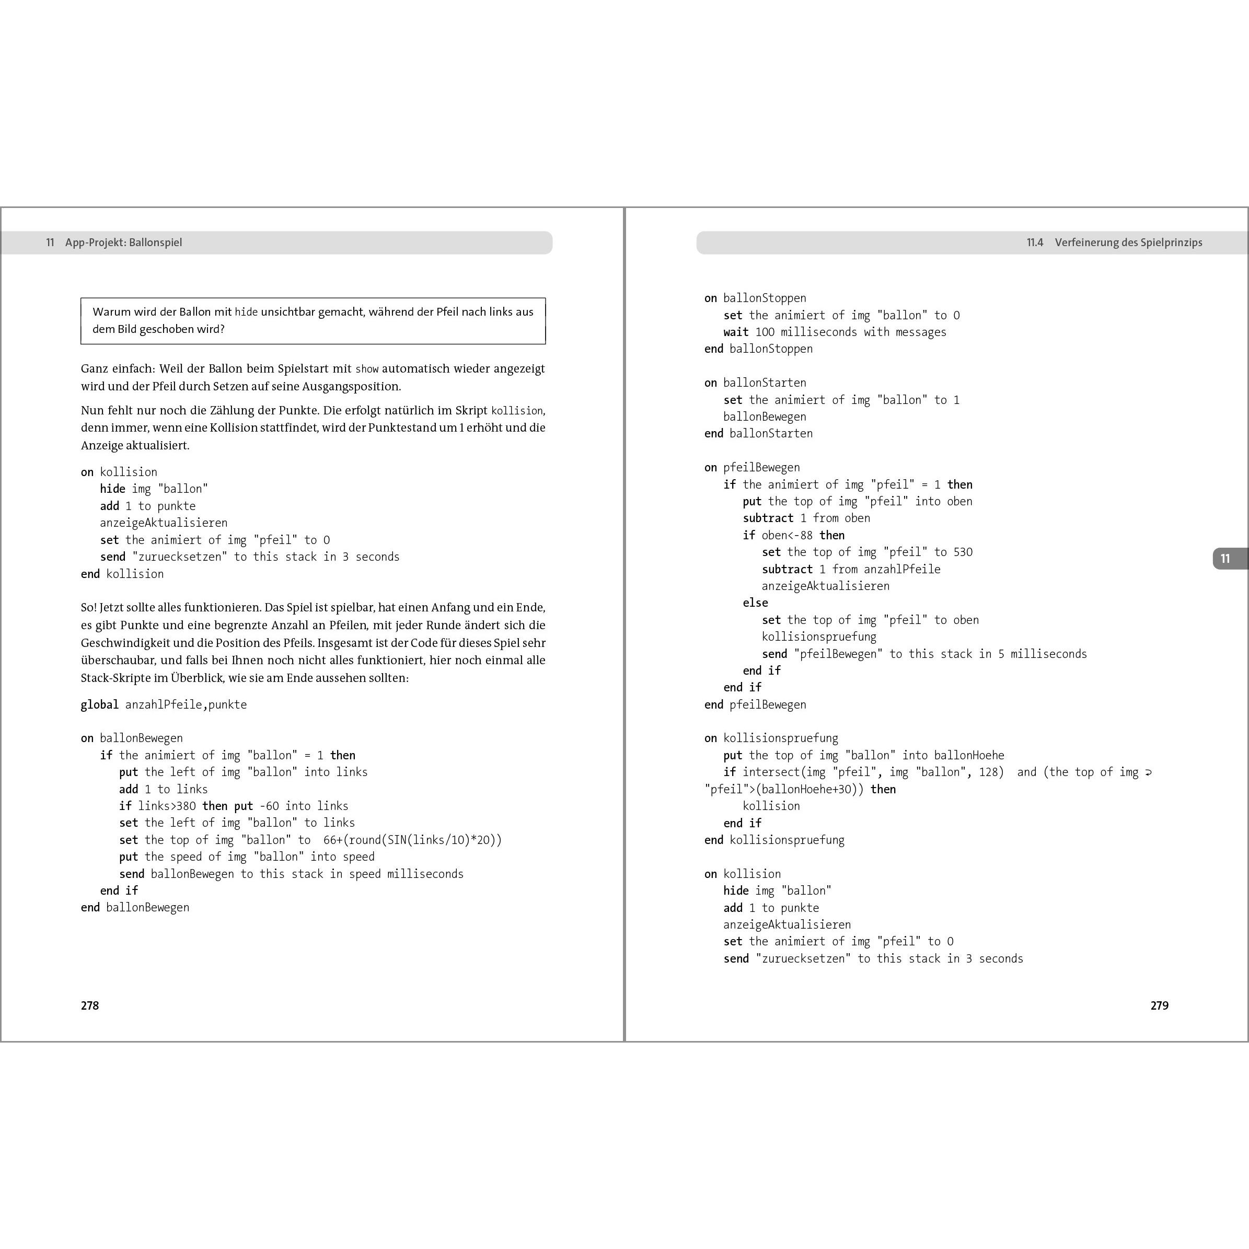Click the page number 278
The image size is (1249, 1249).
pyautogui.click(x=90, y=1005)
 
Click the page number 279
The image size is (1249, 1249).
pyautogui.click(x=1159, y=1005)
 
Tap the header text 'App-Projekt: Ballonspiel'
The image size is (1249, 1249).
pyautogui.click(x=123, y=242)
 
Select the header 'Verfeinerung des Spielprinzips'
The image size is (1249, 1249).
pyautogui.click(x=1128, y=242)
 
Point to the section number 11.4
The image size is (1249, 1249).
pyautogui.click(x=1035, y=242)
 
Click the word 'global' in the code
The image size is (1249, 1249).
pyautogui.click(x=100, y=704)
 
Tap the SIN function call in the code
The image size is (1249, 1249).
pyautogui.click(x=397, y=840)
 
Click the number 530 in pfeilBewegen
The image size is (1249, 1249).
pyautogui.click(x=963, y=552)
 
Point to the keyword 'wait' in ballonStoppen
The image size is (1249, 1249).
pyautogui.click(x=736, y=332)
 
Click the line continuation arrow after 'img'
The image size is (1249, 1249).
pyautogui.click(x=1148, y=772)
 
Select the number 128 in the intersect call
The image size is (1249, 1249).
pyautogui.click(x=990, y=772)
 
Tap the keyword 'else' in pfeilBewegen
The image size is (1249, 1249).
pyautogui.click(x=755, y=603)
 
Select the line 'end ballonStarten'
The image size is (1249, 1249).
pyautogui.click(x=758, y=434)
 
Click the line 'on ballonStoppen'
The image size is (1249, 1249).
pyautogui.click(x=755, y=298)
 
